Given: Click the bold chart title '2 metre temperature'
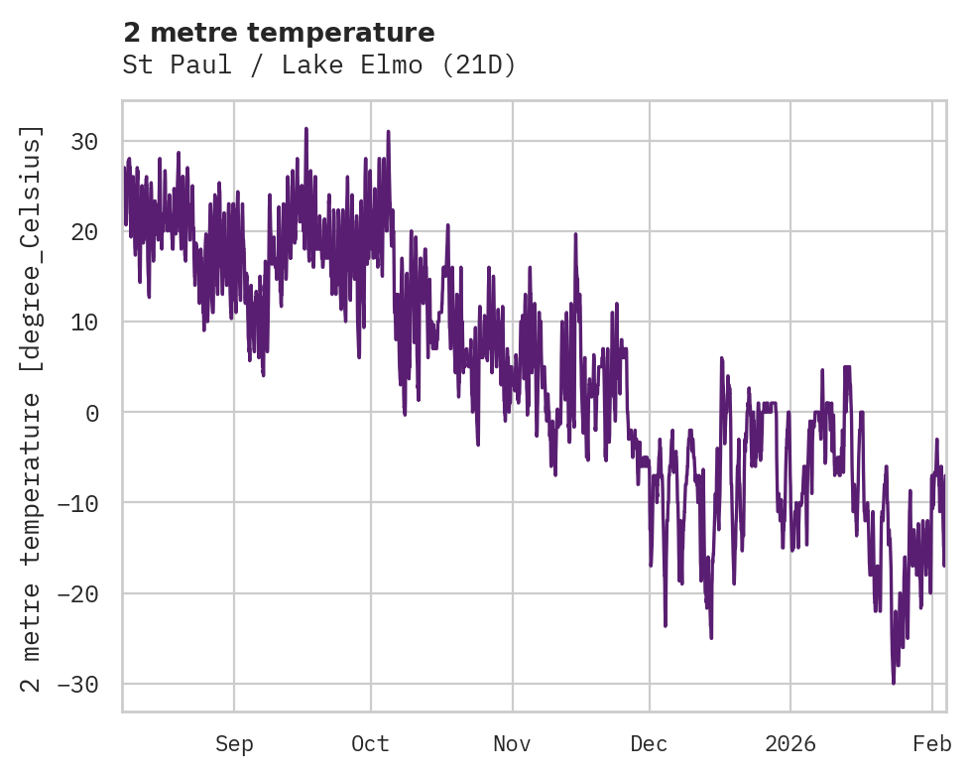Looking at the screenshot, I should pos(279,33).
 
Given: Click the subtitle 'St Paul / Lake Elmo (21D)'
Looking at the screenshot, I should pos(319,65).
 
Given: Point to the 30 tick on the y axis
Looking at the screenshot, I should pos(84,141).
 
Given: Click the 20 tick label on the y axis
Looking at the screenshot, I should pos(84,231).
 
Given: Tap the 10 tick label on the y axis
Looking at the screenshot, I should pos(84,323).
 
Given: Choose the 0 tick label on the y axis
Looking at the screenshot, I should pos(91,413).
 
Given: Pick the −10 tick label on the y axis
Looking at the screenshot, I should pos(78,503).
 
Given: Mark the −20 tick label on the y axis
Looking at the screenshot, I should pos(78,594).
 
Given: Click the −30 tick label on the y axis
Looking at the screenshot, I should pos(78,685).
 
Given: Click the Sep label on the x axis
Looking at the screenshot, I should pos(234,744).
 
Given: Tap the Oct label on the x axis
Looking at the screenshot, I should pos(370,744).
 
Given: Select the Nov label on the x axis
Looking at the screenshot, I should pos(513,744).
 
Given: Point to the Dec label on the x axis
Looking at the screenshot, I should pos(649,744).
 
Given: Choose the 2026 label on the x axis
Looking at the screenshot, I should pos(790,744).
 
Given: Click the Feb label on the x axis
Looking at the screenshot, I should pos(932,744).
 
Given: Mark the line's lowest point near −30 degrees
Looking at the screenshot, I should pos(893,683).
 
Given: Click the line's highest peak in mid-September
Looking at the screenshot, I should pos(306,129).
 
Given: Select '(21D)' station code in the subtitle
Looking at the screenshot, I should pos(479,65).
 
